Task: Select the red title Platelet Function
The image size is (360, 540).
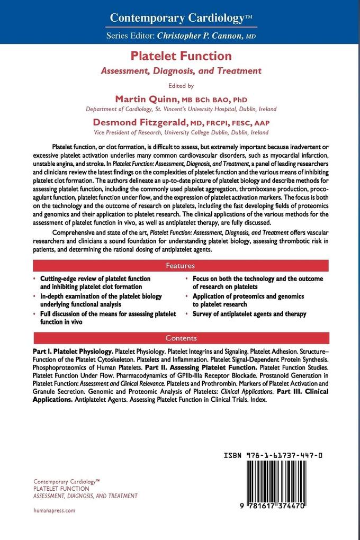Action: pyautogui.click(x=181, y=56)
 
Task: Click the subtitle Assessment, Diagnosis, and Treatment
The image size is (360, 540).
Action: pyautogui.click(x=181, y=70)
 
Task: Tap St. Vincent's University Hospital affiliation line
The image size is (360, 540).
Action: pyautogui.click(x=181, y=109)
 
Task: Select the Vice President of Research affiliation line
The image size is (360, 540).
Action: pyautogui.click(x=181, y=132)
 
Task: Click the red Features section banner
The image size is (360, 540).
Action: pyautogui.click(x=181, y=265)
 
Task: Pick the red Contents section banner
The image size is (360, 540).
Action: pyautogui.click(x=181, y=338)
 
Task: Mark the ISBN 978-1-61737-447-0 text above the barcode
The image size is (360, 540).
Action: pyautogui.click(x=273, y=455)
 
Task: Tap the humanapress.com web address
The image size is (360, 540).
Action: pyautogui.click(x=54, y=510)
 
